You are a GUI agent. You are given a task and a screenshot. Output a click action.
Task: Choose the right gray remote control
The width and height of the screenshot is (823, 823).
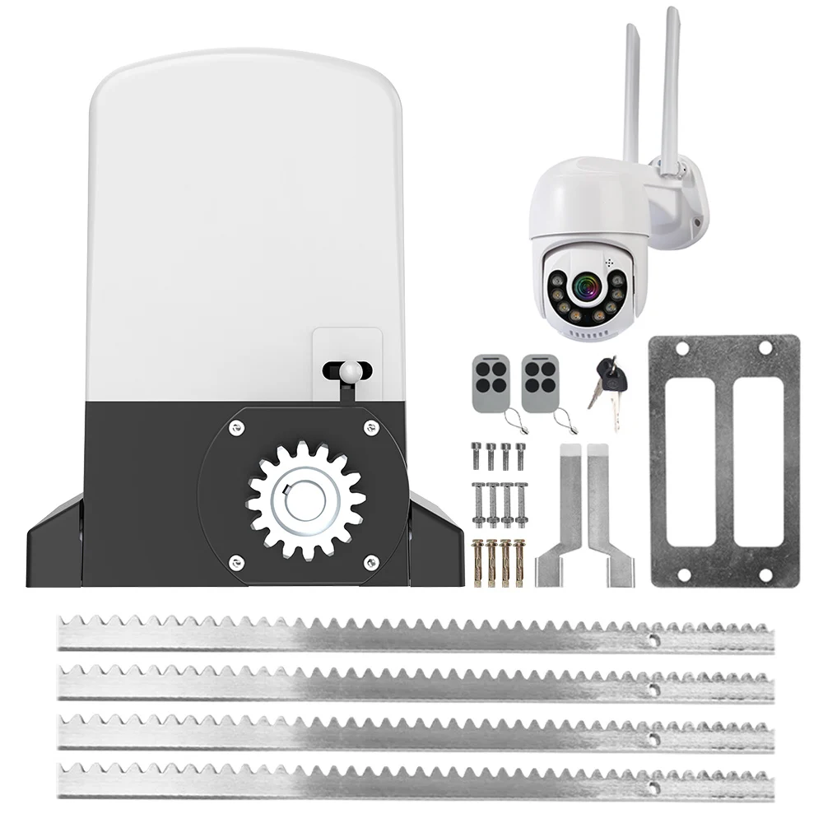click(539, 383)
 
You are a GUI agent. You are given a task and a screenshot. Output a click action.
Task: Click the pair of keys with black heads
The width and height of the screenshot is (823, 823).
click(609, 387)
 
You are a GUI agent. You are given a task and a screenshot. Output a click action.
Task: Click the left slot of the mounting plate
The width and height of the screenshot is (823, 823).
click(690, 461)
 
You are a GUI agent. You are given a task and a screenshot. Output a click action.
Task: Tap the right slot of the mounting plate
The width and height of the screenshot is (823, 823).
click(758, 461)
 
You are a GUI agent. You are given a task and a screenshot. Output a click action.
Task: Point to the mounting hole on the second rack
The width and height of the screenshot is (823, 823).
click(653, 687)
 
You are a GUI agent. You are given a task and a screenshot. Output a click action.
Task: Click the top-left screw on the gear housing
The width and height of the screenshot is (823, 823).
click(236, 426)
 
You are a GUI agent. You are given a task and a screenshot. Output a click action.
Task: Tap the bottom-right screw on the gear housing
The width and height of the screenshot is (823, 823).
click(371, 563)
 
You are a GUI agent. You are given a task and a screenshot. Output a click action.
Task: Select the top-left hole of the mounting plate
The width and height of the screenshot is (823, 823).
click(681, 349)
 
